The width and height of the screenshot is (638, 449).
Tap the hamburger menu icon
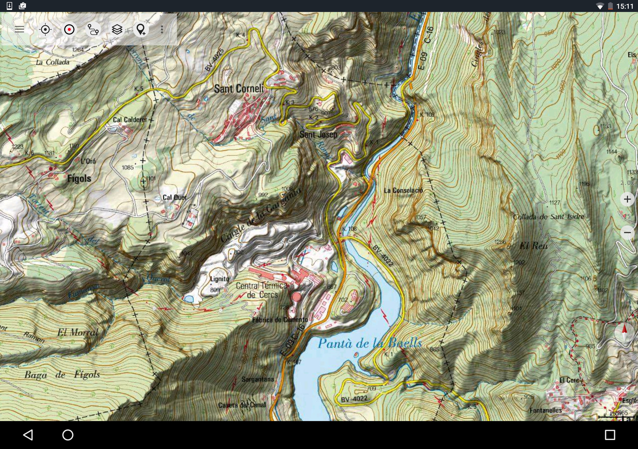(x=19, y=29)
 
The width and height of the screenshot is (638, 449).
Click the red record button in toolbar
(x=69, y=29)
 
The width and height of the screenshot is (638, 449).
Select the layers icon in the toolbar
(x=117, y=29)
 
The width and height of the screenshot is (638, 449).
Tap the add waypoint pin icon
(x=141, y=29)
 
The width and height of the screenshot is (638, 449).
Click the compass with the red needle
(x=624, y=333)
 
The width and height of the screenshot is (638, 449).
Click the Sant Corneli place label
(x=239, y=89)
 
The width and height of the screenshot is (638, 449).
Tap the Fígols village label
(x=79, y=179)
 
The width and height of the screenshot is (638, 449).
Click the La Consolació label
(x=403, y=191)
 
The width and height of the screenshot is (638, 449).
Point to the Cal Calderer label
(x=130, y=120)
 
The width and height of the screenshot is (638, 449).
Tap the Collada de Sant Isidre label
(x=548, y=217)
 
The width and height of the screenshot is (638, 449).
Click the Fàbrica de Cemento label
(x=280, y=320)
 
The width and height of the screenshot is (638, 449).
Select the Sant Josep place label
(x=318, y=135)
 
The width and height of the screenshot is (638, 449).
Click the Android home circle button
(x=68, y=435)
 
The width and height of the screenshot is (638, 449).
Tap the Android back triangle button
(x=28, y=435)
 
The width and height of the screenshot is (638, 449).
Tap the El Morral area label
(x=78, y=333)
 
